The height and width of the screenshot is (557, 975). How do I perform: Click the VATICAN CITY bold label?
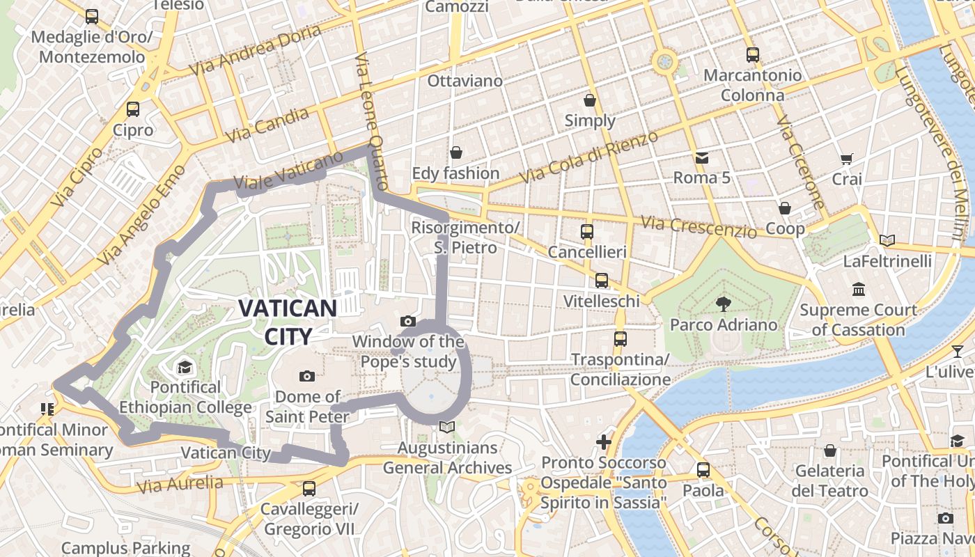288,322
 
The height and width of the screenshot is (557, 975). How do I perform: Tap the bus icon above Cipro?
132,109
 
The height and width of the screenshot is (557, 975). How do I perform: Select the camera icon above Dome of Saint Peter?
306,377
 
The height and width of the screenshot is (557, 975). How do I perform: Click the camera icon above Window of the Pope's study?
408,321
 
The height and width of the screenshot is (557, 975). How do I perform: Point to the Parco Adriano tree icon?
723,304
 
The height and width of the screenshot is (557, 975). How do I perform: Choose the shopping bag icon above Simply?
590,100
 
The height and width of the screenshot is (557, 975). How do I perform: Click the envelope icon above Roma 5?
701,158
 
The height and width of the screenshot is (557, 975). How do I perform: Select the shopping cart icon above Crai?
846,159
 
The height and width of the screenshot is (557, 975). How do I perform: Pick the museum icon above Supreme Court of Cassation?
858,289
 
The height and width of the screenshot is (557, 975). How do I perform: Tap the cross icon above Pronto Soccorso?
604,442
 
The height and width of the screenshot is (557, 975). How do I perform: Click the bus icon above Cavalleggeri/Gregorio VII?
309,489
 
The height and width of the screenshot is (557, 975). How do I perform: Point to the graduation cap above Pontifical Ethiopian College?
185,367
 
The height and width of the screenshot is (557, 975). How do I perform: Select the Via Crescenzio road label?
699,227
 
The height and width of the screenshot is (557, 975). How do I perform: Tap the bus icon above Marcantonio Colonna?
752,54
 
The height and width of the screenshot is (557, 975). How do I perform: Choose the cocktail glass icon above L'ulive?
958,351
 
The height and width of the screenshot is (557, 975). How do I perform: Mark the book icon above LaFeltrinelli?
887,241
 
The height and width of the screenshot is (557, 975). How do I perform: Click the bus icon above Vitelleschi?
601,281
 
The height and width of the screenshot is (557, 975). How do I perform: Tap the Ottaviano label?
465,81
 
